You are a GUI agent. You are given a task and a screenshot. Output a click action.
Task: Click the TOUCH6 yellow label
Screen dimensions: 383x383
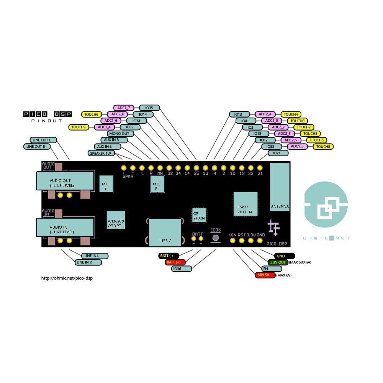click(92, 114)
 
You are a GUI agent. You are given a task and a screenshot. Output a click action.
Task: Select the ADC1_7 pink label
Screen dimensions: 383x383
click(124, 108)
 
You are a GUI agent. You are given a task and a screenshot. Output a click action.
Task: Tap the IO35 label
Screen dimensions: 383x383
click(149, 108)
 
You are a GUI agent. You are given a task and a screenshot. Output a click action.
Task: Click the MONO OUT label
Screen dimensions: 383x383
click(121, 134)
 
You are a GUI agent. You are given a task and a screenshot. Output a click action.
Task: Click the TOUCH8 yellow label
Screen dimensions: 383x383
click(323, 146)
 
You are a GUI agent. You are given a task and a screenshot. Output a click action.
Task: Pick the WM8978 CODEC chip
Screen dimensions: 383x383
click(116, 220)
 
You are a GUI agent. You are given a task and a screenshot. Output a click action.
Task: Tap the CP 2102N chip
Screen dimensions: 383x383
click(199, 215)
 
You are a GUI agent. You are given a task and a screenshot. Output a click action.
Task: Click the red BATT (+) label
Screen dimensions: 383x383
click(175, 262)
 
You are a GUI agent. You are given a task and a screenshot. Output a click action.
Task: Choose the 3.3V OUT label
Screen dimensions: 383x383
click(278, 262)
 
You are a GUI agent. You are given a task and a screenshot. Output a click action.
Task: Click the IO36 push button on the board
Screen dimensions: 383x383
click(216, 238)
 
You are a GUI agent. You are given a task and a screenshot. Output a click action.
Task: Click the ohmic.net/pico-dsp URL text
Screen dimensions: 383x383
click(67, 278)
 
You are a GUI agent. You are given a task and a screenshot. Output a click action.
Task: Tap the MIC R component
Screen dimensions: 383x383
click(157, 186)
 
